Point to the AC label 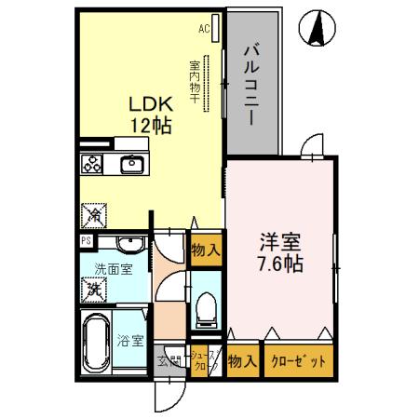[204, 29]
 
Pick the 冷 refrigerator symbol [95, 215]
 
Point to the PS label [86, 241]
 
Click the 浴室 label [131, 342]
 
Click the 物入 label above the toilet [206, 250]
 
